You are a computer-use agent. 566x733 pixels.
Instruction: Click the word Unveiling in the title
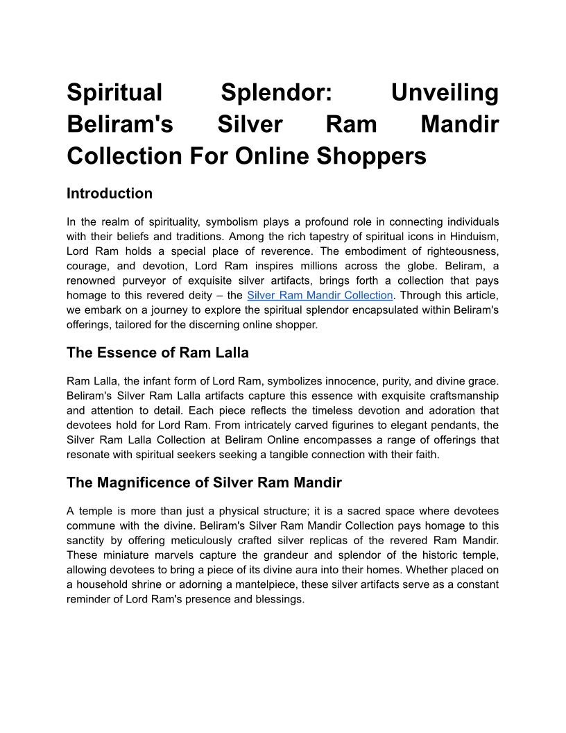(445, 92)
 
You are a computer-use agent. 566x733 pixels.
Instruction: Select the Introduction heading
(110, 193)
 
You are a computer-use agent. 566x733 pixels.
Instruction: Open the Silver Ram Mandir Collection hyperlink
(320, 295)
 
